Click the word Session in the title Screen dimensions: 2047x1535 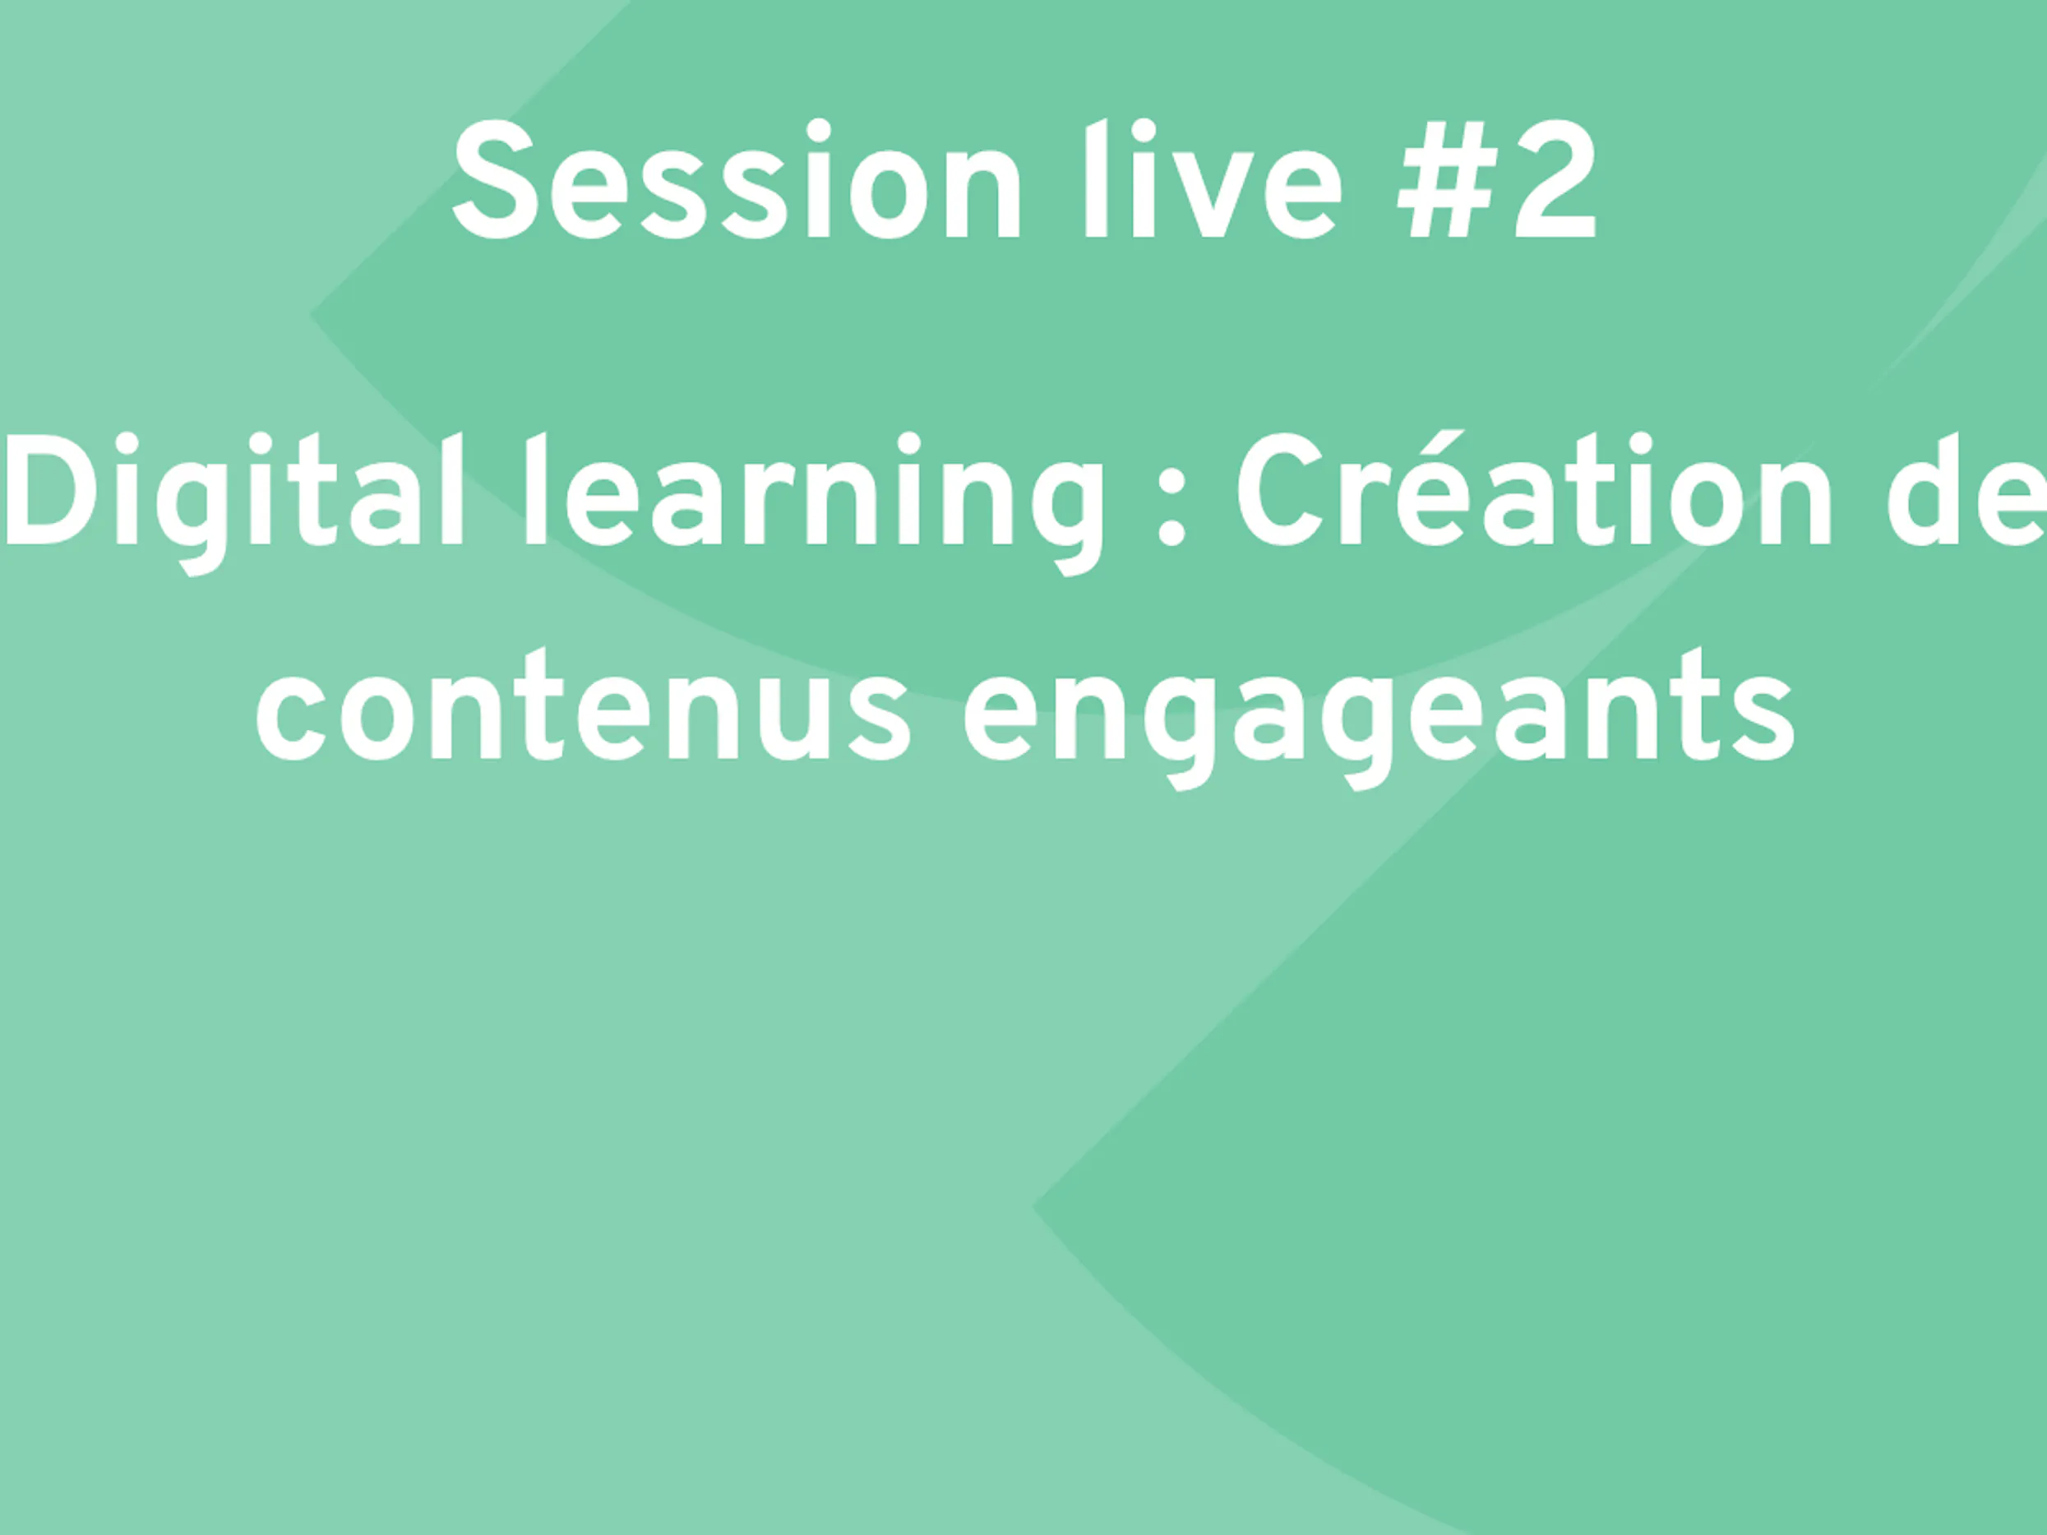(x=737, y=179)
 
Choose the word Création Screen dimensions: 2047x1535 (x=1534, y=490)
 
